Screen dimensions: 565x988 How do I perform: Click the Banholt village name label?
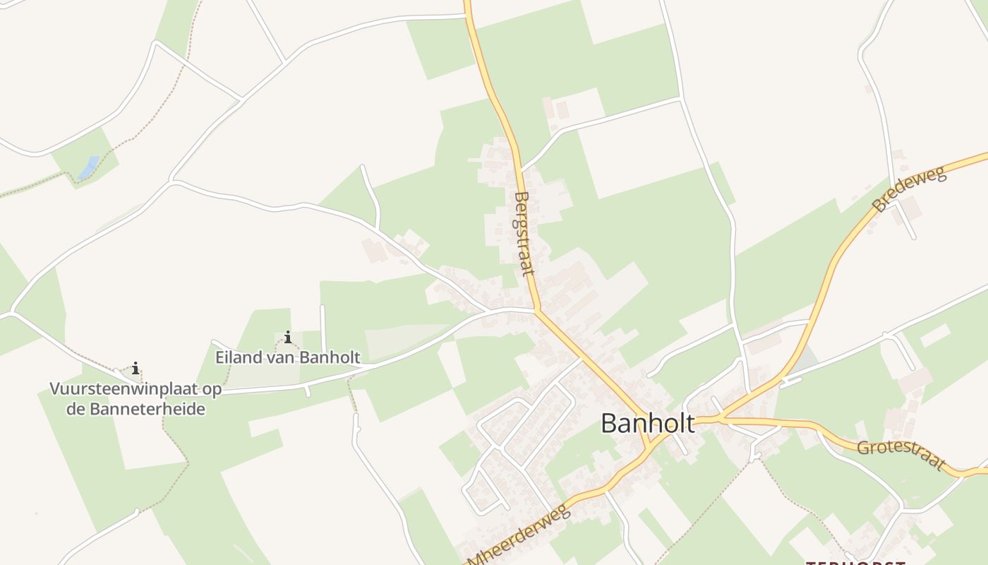(x=647, y=423)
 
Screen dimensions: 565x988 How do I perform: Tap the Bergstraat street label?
(x=523, y=233)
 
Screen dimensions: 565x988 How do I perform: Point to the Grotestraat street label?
(x=900, y=456)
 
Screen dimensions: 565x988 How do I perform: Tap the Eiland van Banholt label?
(x=288, y=357)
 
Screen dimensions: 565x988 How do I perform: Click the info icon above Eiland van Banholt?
(x=287, y=337)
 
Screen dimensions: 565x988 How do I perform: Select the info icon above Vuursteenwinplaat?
(x=135, y=368)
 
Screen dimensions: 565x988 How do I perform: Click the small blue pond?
(x=88, y=168)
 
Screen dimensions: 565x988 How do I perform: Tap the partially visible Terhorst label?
(x=855, y=563)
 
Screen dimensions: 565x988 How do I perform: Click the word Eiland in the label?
(x=236, y=357)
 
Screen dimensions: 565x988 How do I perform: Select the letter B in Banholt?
(x=609, y=423)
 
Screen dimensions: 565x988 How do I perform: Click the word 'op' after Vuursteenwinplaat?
(x=212, y=389)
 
